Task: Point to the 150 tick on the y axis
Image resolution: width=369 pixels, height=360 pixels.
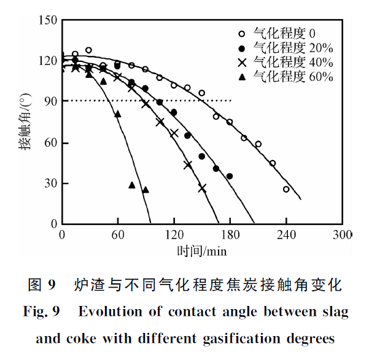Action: [x=49, y=21]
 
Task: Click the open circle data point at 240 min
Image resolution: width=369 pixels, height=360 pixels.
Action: [x=286, y=190]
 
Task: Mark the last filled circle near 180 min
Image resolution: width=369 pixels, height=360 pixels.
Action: [x=230, y=176]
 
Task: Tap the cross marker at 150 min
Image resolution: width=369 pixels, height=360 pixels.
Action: [x=202, y=188]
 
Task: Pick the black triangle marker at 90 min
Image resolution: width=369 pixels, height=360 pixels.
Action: [x=146, y=190]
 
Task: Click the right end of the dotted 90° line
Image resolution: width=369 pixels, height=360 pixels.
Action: [x=231, y=101]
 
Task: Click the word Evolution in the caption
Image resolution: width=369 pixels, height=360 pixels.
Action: [x=109, y=312]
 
